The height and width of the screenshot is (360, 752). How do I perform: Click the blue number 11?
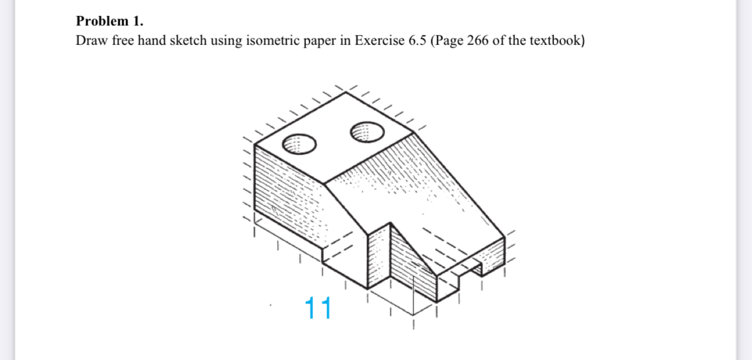(x=318, y=309)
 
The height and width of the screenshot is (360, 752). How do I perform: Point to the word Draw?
(x=89, y=41)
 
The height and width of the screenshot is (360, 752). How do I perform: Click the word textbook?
(x=555, y=41)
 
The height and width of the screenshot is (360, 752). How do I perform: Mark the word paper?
(x=318, y=41)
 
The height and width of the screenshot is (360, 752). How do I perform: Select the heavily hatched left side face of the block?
(x=286, y=196)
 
